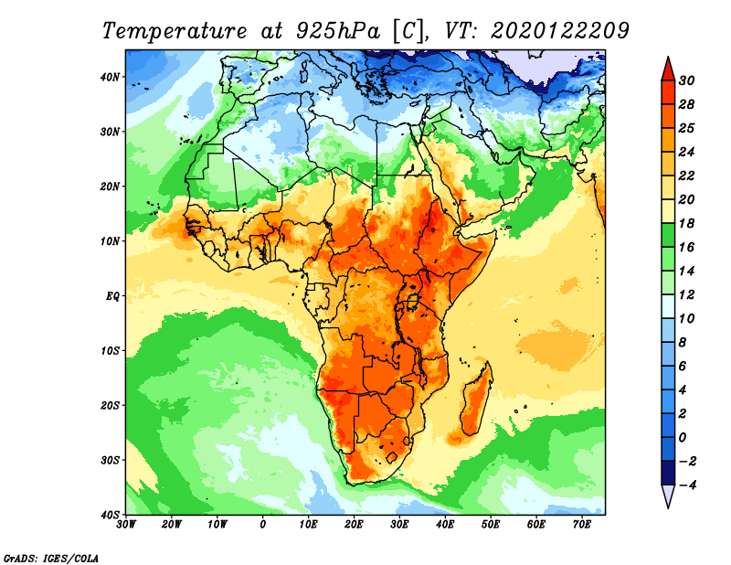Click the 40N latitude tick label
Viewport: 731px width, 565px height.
[x=110, y=77]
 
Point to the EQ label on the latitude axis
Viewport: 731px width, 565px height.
[x=112, y=296]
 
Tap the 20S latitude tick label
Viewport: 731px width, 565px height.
[x=110, y=405]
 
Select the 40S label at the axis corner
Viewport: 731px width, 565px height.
[x=110, y=515]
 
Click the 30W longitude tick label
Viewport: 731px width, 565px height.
[x=126, y=525]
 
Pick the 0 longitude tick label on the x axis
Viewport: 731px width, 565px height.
[x=263, y=525]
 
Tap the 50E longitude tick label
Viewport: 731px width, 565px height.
[x=491, y=525]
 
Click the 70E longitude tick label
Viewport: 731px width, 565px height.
[x=581, y=525]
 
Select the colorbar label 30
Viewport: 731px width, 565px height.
[x=686, y=80]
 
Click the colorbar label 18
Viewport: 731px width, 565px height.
[x=686, y=223]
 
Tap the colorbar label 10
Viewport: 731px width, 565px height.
[x=686, y=319]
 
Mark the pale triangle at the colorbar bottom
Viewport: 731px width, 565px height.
[x=668, y=495]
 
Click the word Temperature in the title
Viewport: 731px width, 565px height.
[x=174, y=31]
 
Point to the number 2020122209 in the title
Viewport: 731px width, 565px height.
[x=560, y=31]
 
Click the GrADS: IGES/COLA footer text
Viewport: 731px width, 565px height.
[x=51, y=558]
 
